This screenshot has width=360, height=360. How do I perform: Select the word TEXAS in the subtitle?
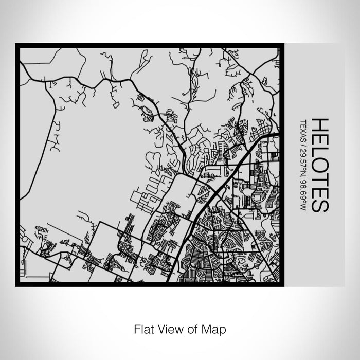303,131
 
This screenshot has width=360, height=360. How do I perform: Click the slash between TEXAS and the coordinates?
303,146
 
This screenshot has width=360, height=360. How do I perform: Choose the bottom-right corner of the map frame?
283,284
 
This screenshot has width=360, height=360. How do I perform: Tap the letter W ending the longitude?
303,208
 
